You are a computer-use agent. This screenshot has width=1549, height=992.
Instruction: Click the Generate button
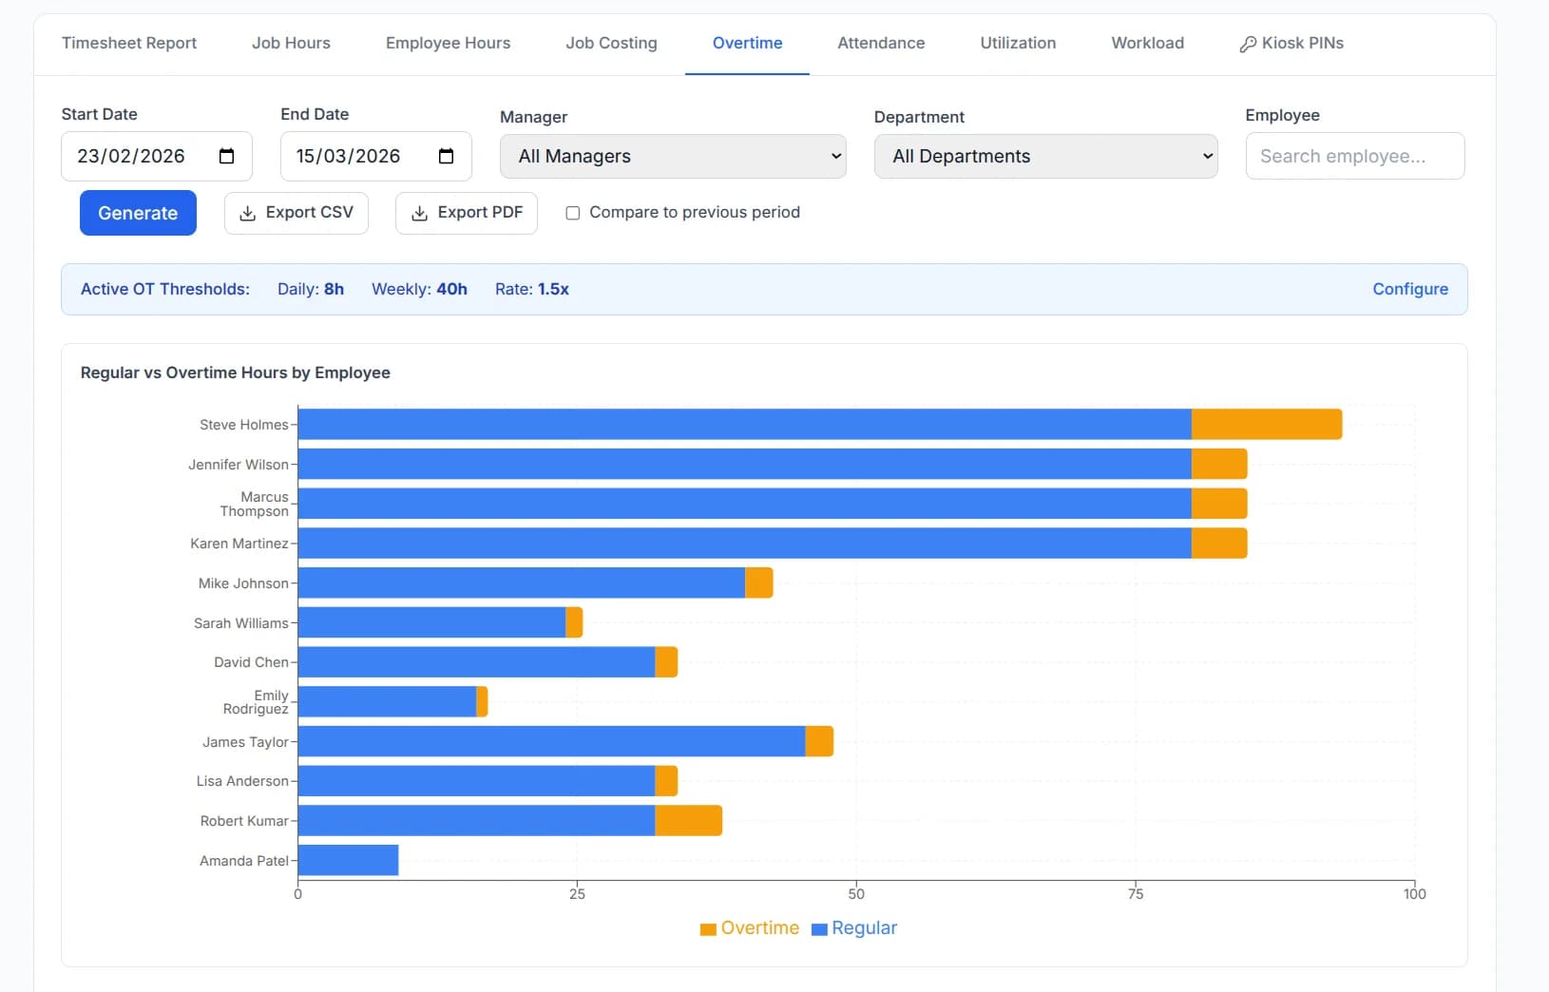pyautogui.click(x=138, y=213)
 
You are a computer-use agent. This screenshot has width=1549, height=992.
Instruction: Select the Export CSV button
pyautogui.click(x=296, y=213)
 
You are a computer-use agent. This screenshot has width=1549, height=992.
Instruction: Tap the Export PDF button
pyautogui.click(x=466, y=213)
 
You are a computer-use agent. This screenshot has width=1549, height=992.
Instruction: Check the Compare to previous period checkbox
pyautogui.click(x=573, y=213)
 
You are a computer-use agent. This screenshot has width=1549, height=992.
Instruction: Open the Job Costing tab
pyautogui.click(x=611, y=43)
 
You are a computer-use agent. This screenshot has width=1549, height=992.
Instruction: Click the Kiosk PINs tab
pyautogui.click(x=1291, y=43)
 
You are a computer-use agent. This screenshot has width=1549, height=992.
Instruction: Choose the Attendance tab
pyautogui.click(x=881, y=43)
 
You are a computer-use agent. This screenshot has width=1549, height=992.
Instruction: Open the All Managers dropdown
pyautogui.click(x=673, y=156)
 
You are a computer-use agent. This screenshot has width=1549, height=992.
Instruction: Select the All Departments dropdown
pyautogui.click(x=1045, y=156)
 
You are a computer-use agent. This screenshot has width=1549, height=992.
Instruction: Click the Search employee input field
pyautogui.click(x=1355, y=156)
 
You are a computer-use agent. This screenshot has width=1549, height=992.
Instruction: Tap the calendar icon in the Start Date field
pyautogui.click(x=226, y=156)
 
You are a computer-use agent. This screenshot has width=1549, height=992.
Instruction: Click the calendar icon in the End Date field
pyautogui.click(x=446, y=156)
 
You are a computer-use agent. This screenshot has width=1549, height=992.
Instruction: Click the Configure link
pyautogui.click(x=1410, y=289)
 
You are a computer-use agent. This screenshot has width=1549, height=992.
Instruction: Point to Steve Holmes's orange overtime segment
pyautogui.click(x=1267, y=424)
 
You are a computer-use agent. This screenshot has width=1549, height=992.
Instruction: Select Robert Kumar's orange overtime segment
pyautogui.click(x=689, y=821)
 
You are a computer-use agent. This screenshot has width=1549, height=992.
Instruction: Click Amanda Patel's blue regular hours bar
pyautogui.click(x=348, y=860)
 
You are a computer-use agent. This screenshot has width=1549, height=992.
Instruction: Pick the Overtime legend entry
pyautogui.click(x=750, y=927)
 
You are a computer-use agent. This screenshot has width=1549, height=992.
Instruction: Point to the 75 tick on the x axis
pyautogui.click(x=1136, y=894)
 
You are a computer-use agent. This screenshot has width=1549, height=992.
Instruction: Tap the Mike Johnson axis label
pyautogui.click(x=242, y=582)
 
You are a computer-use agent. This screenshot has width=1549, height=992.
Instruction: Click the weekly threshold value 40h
pyautogui.click(x=451, y=289)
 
